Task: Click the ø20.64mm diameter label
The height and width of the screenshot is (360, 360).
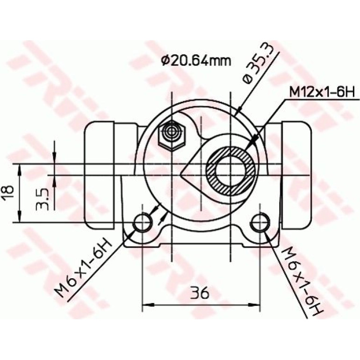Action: pos(196,60)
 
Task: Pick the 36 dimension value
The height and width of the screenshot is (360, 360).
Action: pos(200,293)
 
